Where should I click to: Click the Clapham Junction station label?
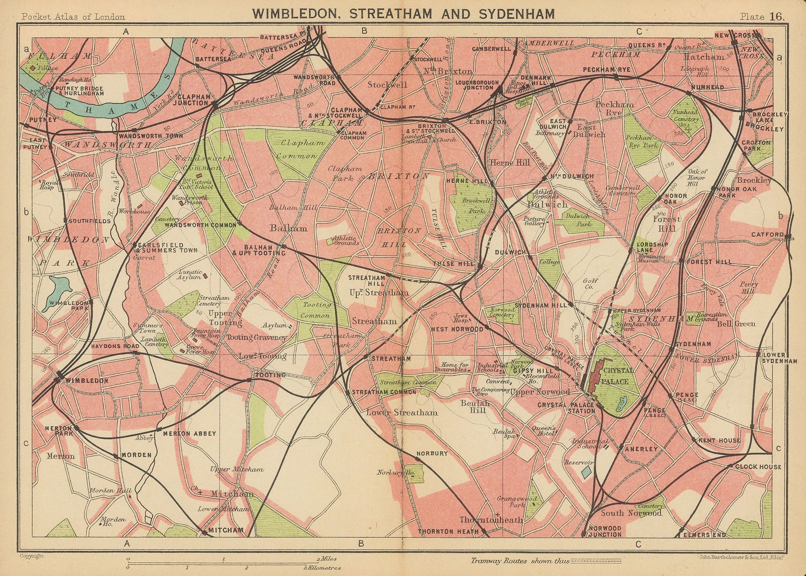(192, 99)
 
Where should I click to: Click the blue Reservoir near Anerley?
(585, 472)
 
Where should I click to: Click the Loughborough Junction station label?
(476, 84)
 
